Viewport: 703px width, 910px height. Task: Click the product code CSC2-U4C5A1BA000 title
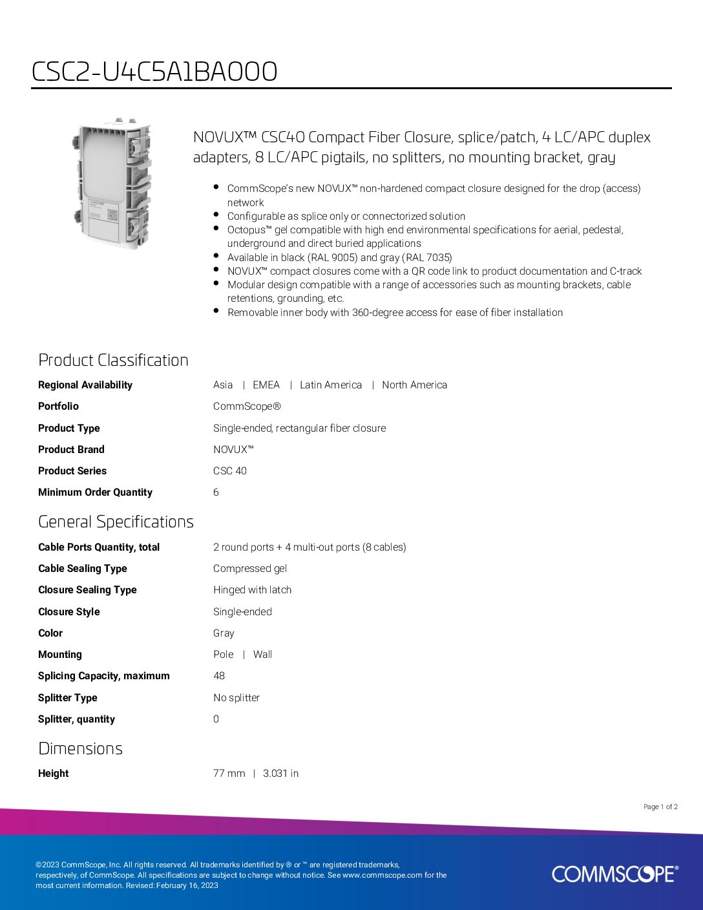click(x=154, y=72)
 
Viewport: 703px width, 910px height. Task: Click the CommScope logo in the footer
click(x=614, y=874)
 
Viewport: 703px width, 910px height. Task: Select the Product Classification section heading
click(x=113, y=360)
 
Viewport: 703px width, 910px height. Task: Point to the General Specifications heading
click(x=116, y=522)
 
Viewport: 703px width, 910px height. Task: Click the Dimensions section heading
click(x=80, y=748)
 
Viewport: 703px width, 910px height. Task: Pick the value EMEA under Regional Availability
click(x=266, y=385)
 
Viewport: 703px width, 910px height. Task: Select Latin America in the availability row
click(x=331, y=385)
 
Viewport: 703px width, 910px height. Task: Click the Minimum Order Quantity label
click(x=95, y=492)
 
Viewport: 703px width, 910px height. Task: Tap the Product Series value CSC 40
click(x=230, y=471)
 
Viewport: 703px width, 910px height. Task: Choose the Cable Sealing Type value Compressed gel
click(x=250, y=569)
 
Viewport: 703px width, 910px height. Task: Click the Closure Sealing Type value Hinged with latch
click(x=252, y=590)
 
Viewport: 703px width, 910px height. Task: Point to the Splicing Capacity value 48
click(x=219, y=676)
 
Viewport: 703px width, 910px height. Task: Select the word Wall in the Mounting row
click(x=262, y=655)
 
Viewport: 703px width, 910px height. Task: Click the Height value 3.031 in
click(x=280, y=774)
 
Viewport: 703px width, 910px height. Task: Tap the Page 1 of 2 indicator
click(x=660, y=807)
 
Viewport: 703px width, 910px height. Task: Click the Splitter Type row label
click(x=67, y=698)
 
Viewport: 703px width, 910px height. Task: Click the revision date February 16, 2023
click(x=187, y=885)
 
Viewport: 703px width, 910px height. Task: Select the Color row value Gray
click(x=224, y=633)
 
